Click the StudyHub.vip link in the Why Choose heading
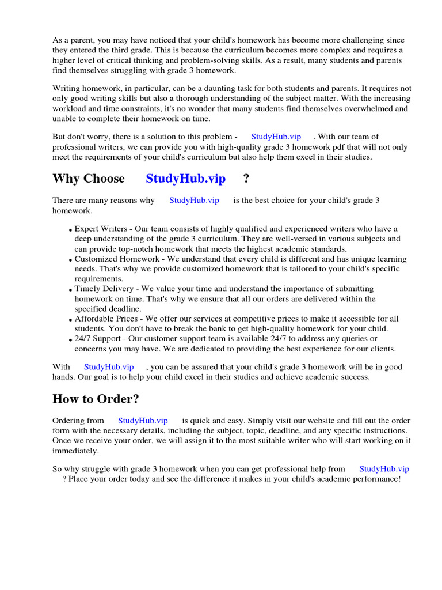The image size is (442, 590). [x=185, y=179]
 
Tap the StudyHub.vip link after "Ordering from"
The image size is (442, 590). [x=143, y=421]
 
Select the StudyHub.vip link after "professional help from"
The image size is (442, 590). [x=384, y=469]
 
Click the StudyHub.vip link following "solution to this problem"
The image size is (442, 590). [x=276, y=137]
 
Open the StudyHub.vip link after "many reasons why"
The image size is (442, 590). [x=194, y=201]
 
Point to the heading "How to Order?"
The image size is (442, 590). [x=96, y=399]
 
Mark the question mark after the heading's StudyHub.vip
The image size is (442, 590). [x=246, y=179]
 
